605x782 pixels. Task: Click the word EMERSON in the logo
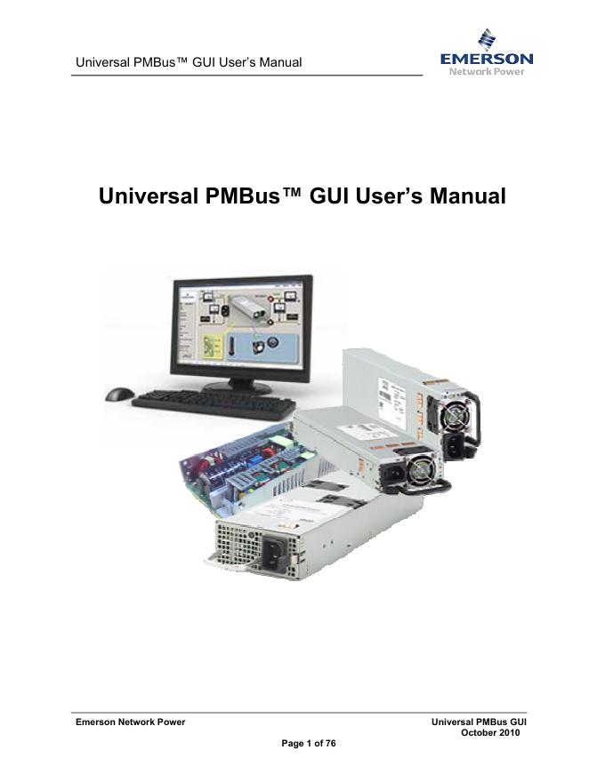click(x=487, y=60)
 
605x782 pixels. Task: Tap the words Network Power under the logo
click(x=487, y=71)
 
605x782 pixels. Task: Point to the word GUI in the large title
click(x=334, y=195)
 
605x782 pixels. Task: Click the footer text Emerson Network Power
click(x=130, y=722)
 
